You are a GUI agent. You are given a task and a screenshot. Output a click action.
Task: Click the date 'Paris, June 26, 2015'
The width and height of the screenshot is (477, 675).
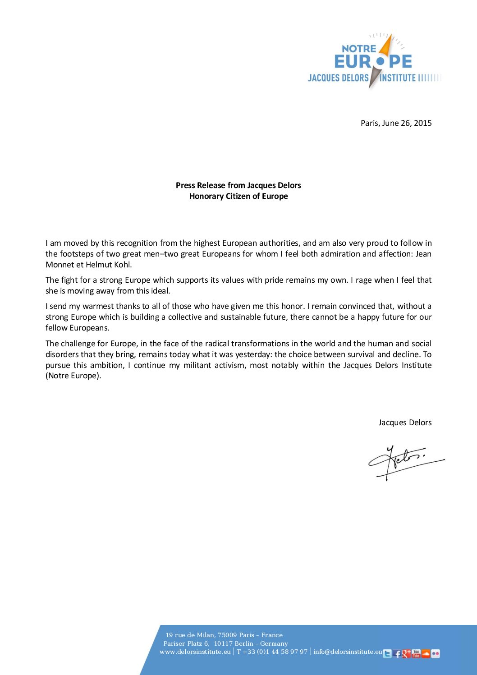396,123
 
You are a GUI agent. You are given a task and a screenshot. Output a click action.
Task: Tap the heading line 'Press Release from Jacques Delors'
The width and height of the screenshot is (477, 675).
238,185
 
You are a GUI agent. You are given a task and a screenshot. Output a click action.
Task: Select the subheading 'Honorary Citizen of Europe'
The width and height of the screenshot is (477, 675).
238,196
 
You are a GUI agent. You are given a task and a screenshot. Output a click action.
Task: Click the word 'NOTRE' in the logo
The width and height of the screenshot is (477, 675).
358,48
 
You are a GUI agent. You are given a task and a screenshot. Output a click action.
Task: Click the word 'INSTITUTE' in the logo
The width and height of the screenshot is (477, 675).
398,78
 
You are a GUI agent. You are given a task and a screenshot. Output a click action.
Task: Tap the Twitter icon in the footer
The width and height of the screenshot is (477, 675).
387,653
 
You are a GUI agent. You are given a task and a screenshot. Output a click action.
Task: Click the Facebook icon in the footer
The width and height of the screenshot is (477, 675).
397,653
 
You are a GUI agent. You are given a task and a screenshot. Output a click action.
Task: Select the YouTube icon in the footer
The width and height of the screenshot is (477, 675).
416,653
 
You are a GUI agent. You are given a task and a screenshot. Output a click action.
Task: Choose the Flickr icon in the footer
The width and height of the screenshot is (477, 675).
435,653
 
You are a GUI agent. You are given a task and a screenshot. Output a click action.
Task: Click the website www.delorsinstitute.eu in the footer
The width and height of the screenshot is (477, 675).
195,652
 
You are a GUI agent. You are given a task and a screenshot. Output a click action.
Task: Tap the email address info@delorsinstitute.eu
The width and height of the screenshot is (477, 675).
348,652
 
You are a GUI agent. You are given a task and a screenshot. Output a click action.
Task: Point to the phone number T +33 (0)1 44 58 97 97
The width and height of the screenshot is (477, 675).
272,652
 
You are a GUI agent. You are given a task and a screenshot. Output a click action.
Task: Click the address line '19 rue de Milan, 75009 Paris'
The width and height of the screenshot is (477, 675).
224,635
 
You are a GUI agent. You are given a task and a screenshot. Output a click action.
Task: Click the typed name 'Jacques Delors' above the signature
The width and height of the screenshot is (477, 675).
405,422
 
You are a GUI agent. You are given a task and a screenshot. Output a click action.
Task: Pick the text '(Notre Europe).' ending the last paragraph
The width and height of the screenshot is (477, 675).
73,376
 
